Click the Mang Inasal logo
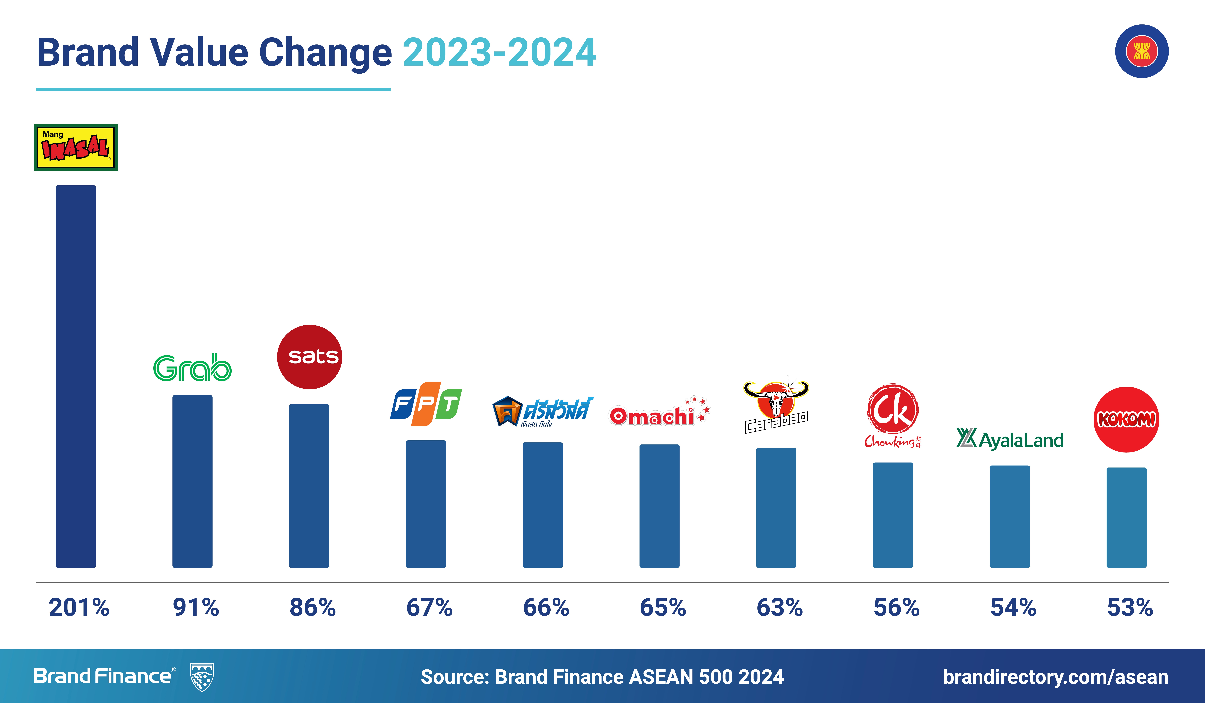click(x=76, y=147)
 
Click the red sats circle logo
click(x=309, y=357)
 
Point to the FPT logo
click(x=426, y=404)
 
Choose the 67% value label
click(x=429, y=607)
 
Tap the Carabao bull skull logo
click(x=776, y=407)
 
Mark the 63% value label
click(x=779, y=607)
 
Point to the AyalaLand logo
click(x=1010, y=439)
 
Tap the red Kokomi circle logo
click(x=1126, y=419)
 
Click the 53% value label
click(x=1130, y=607)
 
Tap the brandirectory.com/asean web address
click(x=1055, y=677)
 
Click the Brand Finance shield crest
click(x=202, y=677)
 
